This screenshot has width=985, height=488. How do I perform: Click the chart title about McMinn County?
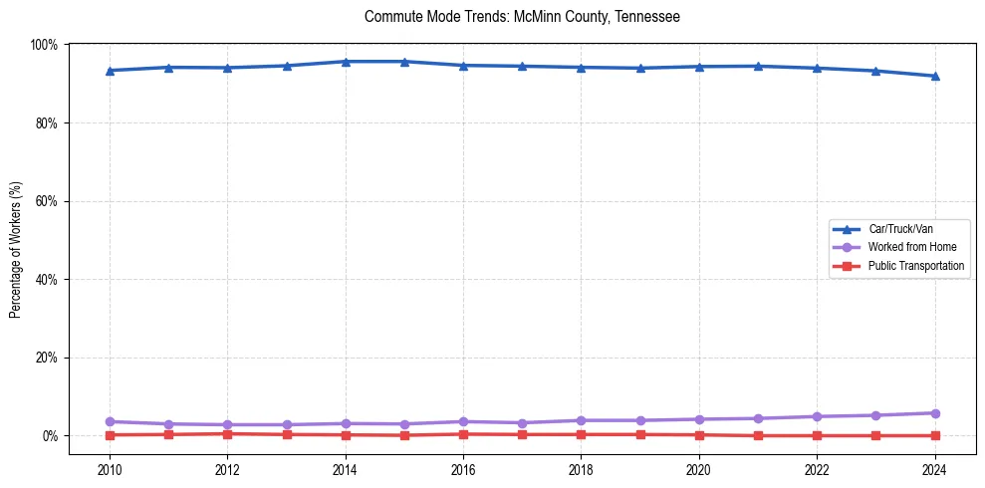522,17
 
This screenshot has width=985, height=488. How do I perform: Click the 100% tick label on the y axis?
44,45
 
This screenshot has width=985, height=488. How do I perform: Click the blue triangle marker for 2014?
346,62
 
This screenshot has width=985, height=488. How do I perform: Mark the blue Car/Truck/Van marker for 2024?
934,76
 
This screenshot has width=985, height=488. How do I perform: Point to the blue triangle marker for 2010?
110,71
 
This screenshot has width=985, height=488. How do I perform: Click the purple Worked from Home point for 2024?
934,413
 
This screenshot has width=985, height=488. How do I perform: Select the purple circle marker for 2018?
582,420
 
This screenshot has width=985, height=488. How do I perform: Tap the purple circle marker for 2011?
169,424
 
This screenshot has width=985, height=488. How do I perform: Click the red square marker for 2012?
228,433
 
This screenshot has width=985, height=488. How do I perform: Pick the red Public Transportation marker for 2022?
817,435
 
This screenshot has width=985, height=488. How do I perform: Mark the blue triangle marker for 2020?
699,67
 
